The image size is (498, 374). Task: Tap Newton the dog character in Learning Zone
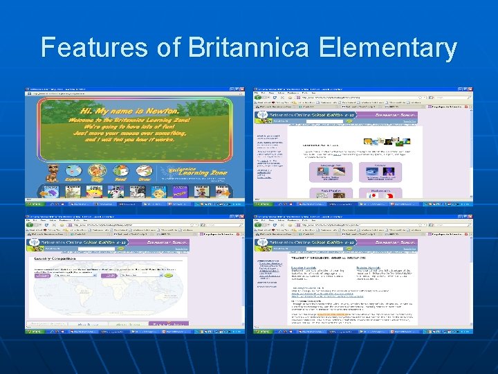(x=53, y=172)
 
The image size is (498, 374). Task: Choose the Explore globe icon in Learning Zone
(x=73, y=172)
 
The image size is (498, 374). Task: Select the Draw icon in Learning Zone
(x=144, y=172)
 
